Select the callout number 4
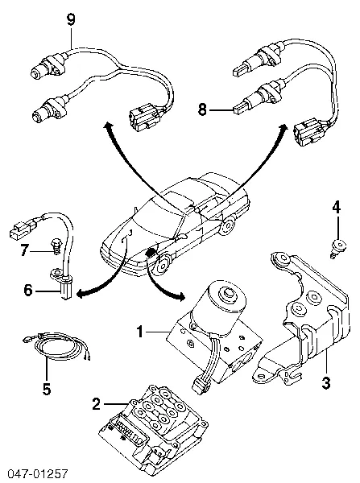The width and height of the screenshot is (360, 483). tap(337, 208)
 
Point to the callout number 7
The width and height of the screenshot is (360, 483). tap(25, 250)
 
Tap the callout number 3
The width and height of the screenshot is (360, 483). tap(326, 382)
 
